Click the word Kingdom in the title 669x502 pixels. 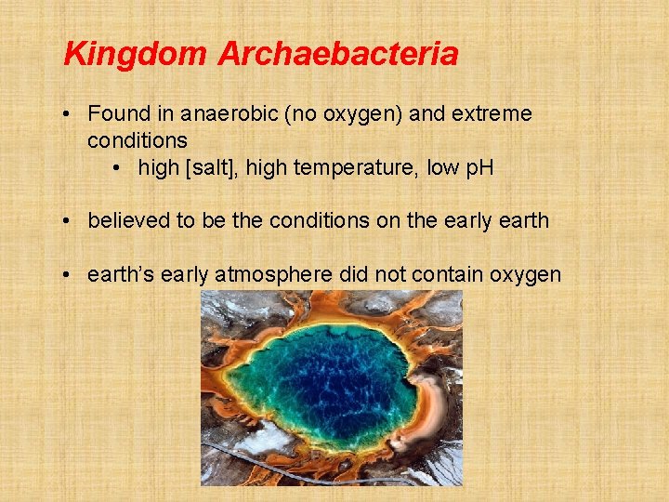coord(136,54)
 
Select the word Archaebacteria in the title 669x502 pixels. coord(338,54)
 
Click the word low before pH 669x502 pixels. coord(444,168)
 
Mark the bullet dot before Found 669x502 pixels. coord(69,114)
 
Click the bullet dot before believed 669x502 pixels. coord(69,221)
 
